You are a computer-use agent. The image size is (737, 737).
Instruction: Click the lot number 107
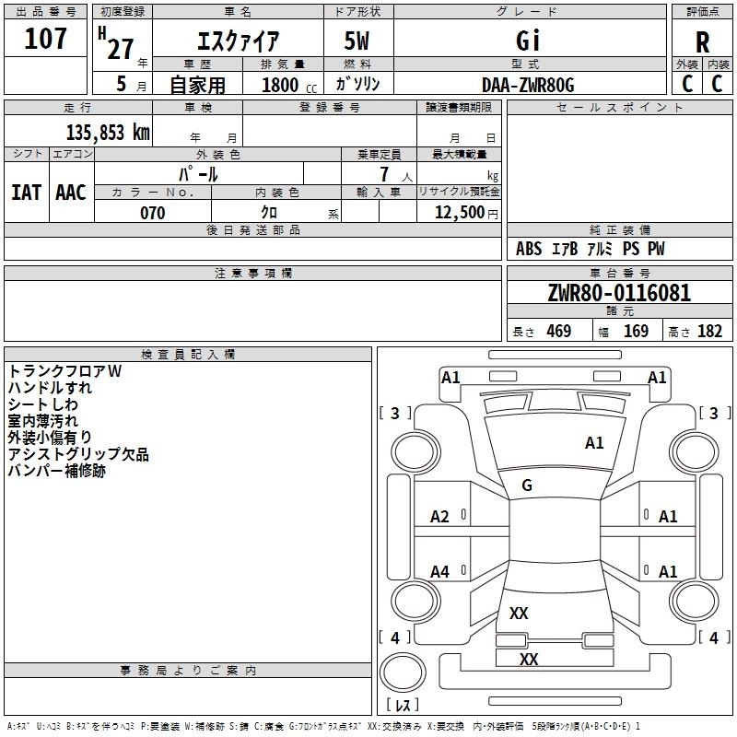[x=45, y=38]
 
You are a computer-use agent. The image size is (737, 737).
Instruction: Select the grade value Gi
[x=528, y=41]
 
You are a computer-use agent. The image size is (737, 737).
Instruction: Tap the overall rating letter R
[x=702, y=42]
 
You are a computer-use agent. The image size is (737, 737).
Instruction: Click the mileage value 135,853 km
[x=108, y=133]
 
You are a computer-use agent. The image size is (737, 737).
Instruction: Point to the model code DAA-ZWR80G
[x=528, y=85]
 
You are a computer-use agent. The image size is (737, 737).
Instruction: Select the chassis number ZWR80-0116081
[x=619, y=293]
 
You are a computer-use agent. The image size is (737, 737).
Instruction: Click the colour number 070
[x=153, y=213]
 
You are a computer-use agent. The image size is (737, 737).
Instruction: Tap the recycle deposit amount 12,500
[x=459, y=213]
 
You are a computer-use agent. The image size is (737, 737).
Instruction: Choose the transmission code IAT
[x=26, y=193]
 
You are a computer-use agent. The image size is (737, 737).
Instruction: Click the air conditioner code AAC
[x=71, y=193]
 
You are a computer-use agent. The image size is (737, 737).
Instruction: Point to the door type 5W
[x=357, y=41]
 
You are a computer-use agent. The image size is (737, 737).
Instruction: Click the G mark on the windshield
[x=527, y=485]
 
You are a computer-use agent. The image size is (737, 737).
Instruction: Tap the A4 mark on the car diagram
[x=440, y=571]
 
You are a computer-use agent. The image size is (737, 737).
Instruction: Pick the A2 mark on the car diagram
[x=440, y=517]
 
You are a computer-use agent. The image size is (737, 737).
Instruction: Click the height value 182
[x=709, y=331]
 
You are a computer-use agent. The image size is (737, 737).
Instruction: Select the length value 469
[x=559, y=331]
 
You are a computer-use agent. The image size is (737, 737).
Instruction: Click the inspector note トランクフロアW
[x=64, y=371]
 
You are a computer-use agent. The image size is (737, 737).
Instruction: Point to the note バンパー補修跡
[x=56, y=471]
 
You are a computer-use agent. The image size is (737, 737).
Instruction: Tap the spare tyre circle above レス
[x=403, y=672]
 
